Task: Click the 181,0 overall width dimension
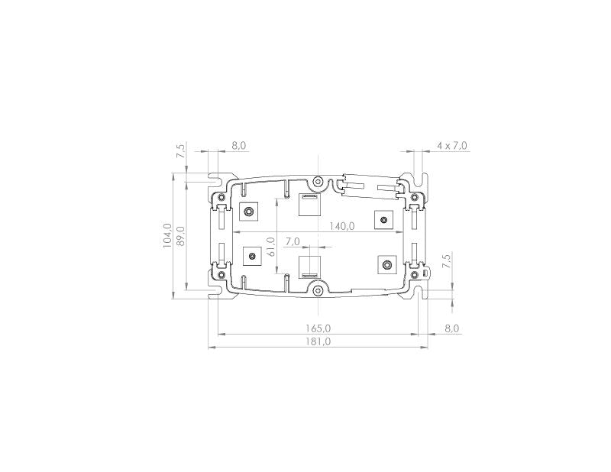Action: click(318, 341)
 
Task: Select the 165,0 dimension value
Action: click(318, 328)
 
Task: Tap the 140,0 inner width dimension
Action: click(341, 225)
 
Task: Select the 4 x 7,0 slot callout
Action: click(452, 144)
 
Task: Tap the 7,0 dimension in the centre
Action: click(293, 241)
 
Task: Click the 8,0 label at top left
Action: click(239, 144)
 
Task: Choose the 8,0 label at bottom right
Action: click(452, 328)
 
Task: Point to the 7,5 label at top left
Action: click(181, 150)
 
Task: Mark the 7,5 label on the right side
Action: click(446, 259)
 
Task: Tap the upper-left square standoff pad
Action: click(250, 212)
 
